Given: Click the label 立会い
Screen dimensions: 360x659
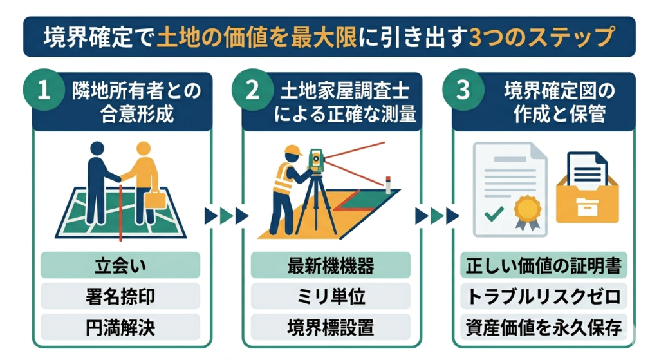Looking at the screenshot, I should pyautogui.click(x=120, y=265).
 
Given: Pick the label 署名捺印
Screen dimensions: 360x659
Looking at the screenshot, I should pyautogui.click(x=120, y=296).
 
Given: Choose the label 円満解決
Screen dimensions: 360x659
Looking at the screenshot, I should pyautogui.click(x=120, y=327).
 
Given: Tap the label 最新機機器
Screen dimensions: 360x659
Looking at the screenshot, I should pyautogui.click(x=330, y=265).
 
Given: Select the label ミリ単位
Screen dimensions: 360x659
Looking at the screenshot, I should pyautogui.click(x=330, y=296).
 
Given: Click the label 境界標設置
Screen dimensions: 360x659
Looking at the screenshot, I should pyautogui.click(x=330, y=327).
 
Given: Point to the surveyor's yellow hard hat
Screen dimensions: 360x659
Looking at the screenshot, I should pyautogui.click(x=294, y=150).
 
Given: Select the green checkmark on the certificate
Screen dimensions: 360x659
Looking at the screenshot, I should pyautogui.click(x=492, y=213).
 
